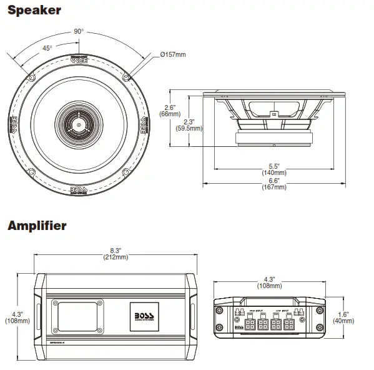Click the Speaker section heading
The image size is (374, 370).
[34, 10]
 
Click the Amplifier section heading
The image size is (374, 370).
[37, 226]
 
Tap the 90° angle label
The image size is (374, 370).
[79, 31]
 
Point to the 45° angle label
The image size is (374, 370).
[47, 48]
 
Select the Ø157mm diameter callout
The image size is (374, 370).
[173, 55]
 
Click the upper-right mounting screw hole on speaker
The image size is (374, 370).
[127, 77]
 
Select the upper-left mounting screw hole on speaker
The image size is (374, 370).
[31, 77]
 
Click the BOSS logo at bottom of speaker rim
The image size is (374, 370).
[79, 191]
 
